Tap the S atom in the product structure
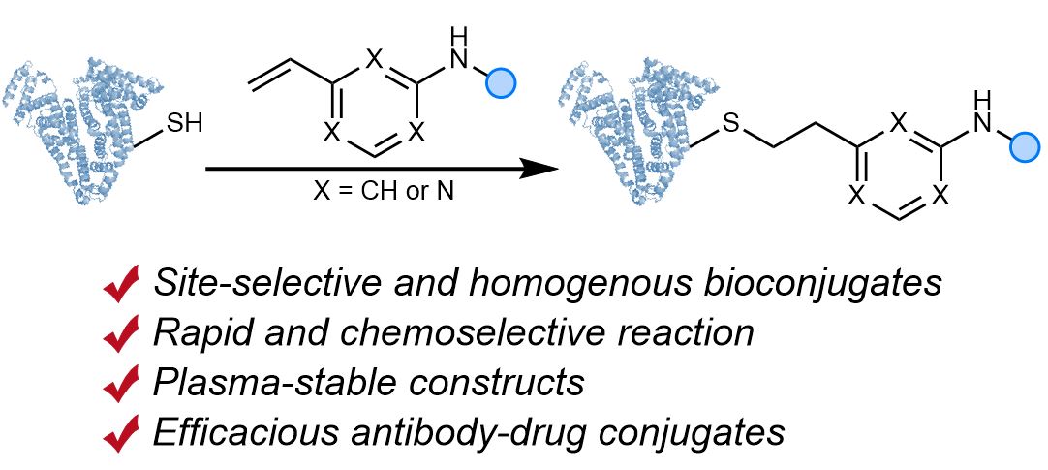click(732, 124)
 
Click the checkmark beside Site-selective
click(123, 284)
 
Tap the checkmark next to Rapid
click(123, 333)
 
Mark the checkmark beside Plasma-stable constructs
click(123, 383)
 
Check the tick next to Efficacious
click(123, 432)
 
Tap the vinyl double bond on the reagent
click(271, 66)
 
